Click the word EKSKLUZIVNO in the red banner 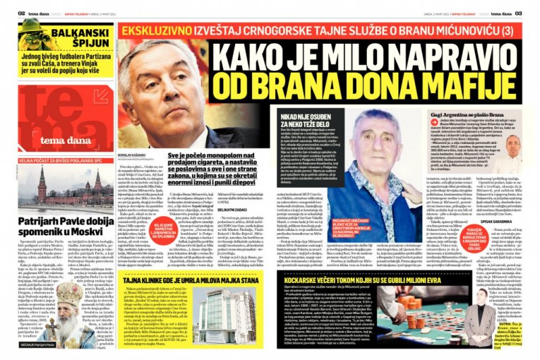(159, 31)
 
